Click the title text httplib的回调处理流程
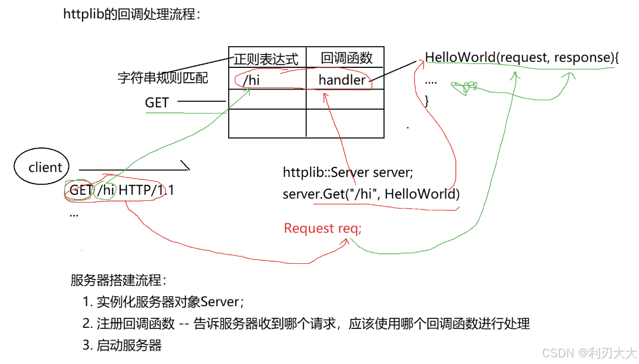[131, 14]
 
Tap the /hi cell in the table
[251, 80]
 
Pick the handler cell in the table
[342, 80]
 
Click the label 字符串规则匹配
[163, 78]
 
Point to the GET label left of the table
[156, 102]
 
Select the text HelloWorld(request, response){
[522, 57]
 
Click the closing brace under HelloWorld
[427, 101]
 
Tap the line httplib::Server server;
[348, 173]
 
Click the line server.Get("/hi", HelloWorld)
[371, 194]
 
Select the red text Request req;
[322, 228]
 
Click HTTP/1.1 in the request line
[146, 190]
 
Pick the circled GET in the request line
[80, 190]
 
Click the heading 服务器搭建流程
[119, 280]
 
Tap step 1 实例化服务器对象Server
[163, 302]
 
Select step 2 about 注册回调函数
[306, 323]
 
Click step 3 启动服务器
[122, 345]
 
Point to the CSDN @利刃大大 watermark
[589, 353]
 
